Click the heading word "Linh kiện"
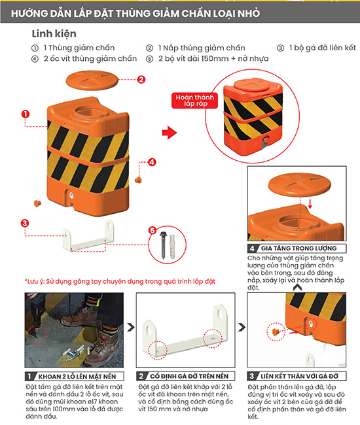[54, 33]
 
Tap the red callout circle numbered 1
[25, 113]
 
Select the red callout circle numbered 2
[141, 80]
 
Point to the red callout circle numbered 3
[24, 224]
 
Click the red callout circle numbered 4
[151, 161]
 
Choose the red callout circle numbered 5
[152, 231]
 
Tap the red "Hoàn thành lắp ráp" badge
[190, 100]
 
